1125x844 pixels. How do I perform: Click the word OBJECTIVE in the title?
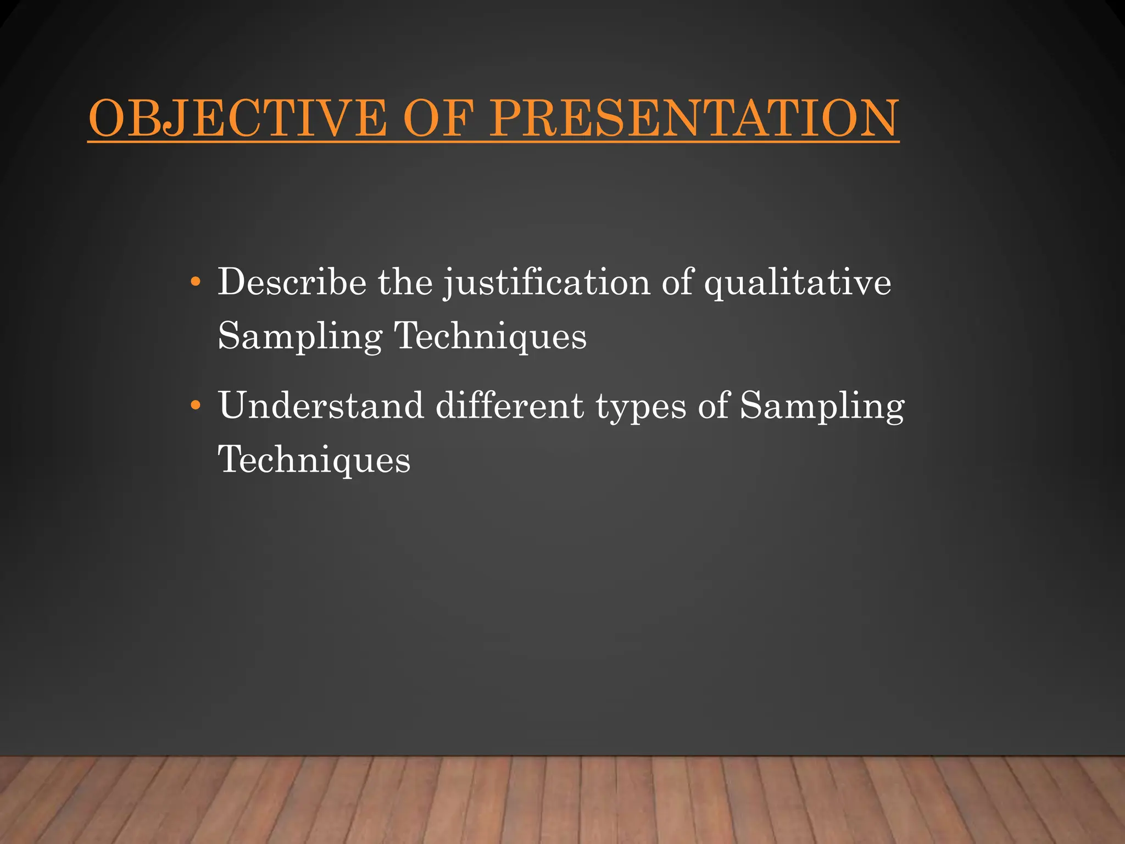pyautogui.click(x=237, y=119)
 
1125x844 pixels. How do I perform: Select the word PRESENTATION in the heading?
pyautogui.click(x=694, y=119)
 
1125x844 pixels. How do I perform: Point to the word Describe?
pyautogui.click(x=292, y=282)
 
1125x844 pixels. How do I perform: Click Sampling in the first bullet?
pyautogui.click(x=300, y=337)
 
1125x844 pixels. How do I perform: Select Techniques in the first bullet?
pyautogui.click(x=491, y=337)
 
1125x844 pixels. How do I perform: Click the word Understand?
pyautogui.click(x=321, y=406)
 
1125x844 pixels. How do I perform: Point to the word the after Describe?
pyautogui.click(x=405, y=282)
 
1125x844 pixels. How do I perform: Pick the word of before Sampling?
pyautogui.click(x=714, y=406)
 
